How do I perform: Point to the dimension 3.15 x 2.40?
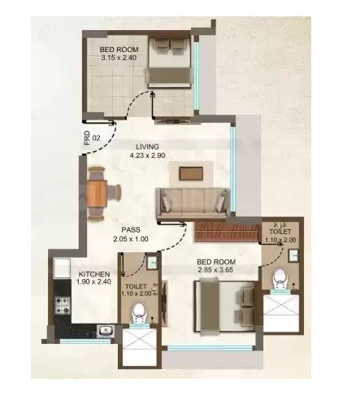pyautogui.click(x=119, y=58)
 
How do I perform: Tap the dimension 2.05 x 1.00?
pyautogui.click(x=131, y=240)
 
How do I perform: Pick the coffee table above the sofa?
pyautogui.click(x=192, y=172)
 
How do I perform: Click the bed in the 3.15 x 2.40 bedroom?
pyautogui.click(x=168, y=63)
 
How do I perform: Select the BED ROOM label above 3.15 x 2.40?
pyautogui.click(x=119, y=48)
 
